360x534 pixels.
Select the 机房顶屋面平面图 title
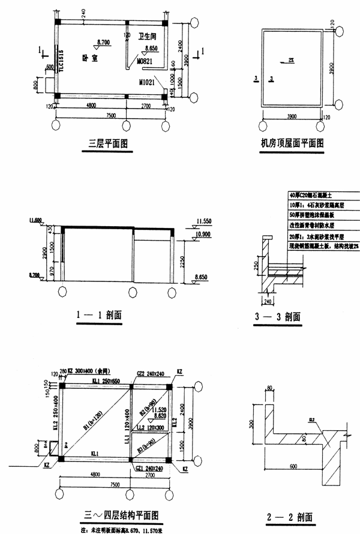click(292, 143)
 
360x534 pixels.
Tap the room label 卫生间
click(146, 36)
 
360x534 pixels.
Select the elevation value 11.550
click(205, 221)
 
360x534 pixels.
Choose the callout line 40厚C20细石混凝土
click(307, 196)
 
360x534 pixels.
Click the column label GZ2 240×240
click(149, 374)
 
